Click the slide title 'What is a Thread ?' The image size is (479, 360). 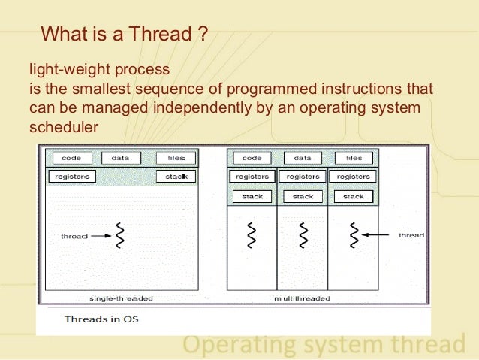124,34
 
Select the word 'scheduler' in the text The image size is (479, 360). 64,128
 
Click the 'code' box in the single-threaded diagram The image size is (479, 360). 71,158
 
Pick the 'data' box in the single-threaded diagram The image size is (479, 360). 120,158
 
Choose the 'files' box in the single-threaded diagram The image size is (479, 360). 176,158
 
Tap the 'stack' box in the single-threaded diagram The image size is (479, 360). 176,177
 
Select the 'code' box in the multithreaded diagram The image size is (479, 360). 252,158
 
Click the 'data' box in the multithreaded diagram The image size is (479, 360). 303,158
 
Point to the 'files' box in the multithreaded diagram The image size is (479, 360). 354,158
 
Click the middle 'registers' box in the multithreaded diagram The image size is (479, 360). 303,177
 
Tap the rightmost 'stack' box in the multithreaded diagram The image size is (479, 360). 354,196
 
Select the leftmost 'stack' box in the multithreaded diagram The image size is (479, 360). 252,196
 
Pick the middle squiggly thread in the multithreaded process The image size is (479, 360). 303,235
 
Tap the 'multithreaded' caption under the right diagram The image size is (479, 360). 302,298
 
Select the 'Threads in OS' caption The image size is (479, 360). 101,319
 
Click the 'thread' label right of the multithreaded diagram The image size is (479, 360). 411,235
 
